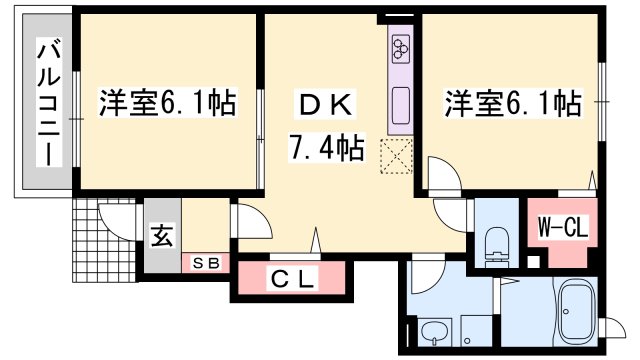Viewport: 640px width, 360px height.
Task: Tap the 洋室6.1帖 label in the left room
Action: pos(166,103)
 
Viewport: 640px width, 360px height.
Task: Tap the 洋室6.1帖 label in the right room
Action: pos(512,103)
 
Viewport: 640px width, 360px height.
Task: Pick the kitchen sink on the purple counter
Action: pos(401,104)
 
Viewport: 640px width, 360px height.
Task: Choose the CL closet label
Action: pos(295,280)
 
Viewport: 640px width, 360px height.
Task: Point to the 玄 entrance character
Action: pos(161,238)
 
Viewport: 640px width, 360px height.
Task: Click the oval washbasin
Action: pos(433,332)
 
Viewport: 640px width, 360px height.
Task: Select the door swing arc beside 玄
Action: pos(248,221)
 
